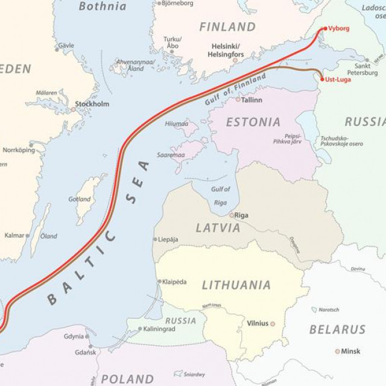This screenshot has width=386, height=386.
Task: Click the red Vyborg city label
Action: coord(339,28)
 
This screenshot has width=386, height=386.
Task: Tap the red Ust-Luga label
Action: coord(339,80)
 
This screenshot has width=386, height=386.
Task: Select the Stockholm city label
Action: coord(92,104)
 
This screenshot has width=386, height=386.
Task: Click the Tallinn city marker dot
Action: coord(238,100)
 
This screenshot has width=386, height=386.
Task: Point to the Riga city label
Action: coord(241,215)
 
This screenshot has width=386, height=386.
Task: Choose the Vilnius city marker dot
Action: coord(273,324)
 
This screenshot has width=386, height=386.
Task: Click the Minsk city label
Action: coord(350,351)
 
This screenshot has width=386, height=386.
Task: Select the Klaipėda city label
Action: coord(175,282)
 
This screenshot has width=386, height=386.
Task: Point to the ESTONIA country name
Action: coord(253,122)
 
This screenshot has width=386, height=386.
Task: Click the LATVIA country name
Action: coord(218,228)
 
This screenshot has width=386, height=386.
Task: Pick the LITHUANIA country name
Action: coord(236,285)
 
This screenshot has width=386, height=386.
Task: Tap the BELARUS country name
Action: coord(337,329)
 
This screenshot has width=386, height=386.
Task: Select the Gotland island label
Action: coord(80,199)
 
